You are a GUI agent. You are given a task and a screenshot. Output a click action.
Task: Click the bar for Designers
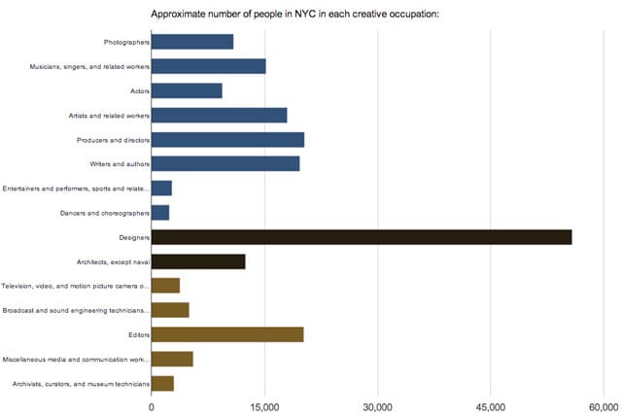[362, 237]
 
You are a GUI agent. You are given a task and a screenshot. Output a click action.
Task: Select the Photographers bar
[192, 42]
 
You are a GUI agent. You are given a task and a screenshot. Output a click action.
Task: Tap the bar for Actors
[187, 90]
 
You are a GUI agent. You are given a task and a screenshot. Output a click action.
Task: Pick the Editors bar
[227, 334]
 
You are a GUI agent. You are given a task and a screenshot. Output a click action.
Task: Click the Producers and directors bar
[227, 140]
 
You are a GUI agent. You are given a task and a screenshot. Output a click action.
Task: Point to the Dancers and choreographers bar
[160, 213]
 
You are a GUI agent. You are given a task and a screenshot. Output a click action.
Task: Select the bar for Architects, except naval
[198, 261]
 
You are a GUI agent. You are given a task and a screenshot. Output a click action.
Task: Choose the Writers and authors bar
[225, 164]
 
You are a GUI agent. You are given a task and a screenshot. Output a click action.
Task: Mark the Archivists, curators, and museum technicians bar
[162, 383]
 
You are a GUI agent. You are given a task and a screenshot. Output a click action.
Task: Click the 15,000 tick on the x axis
[264, 406]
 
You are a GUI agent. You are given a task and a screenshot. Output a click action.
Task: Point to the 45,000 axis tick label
[491, 406]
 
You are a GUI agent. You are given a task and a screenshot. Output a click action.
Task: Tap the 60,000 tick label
[603, 406]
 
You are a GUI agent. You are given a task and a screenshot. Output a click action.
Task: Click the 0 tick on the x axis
[152, 406]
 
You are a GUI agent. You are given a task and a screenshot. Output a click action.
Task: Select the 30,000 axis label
[377, 406]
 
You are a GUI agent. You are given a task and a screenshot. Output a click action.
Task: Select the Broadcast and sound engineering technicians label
[78, 310]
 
